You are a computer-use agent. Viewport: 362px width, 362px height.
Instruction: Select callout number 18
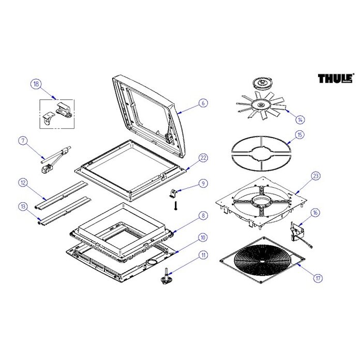pos(36,84)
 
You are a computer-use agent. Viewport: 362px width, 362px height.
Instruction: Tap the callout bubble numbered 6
pos(203,103)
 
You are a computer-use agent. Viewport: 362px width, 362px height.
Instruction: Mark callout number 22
pos(203,158)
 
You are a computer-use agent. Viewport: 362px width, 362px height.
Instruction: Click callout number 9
pos(203,183)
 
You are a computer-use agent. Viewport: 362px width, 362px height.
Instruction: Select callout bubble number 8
pos(203,215)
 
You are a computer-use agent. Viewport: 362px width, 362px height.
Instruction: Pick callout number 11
pos(203,255)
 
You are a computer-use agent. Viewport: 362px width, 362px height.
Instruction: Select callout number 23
pos(316,175)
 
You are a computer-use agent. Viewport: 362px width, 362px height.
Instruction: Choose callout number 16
pos(315,213)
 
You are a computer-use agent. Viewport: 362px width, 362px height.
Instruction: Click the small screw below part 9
pos(176,206)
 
